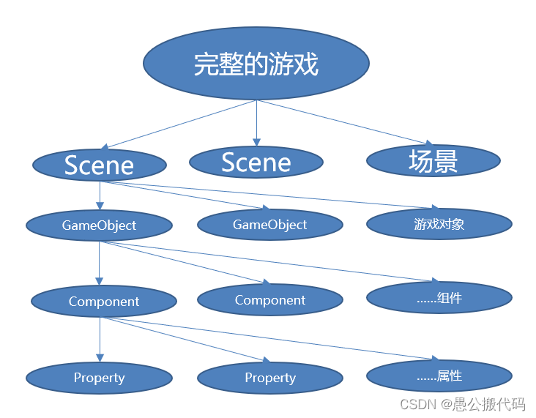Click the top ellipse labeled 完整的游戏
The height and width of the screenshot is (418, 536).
point(256,64)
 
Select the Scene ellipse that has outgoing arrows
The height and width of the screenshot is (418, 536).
point(99,165)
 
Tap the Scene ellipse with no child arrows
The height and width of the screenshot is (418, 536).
point(256,162)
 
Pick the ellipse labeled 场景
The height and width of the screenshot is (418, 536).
point(433,160)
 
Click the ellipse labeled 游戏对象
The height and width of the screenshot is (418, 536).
point(439,224)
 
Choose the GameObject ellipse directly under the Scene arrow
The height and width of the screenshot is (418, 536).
point(99,225)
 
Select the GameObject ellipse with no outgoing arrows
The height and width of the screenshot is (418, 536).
point(270,225)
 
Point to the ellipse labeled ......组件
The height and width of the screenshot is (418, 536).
point(439,298)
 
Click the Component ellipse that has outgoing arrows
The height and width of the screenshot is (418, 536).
point(103,301)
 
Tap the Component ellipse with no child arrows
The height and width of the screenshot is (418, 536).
point(270,300)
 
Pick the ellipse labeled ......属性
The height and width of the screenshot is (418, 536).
point(439,376)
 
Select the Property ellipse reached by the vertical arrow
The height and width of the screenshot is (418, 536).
point(99,378)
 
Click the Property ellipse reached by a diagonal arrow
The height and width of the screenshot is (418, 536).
point(270,378)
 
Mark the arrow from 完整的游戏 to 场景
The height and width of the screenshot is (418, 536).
point(344,122)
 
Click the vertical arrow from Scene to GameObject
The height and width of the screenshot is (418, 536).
point(100,195)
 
